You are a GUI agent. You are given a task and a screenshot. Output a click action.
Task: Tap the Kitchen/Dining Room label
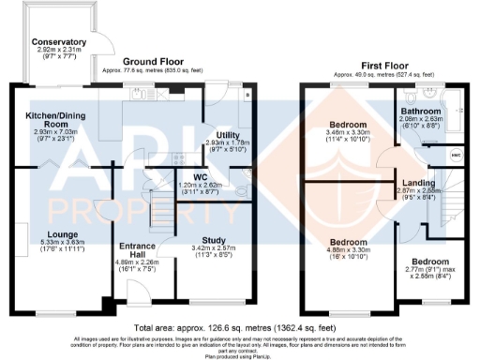(44, 118)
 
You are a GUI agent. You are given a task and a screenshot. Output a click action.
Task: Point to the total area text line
(240, 325)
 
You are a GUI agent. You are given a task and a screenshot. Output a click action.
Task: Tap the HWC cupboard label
(455, 154)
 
